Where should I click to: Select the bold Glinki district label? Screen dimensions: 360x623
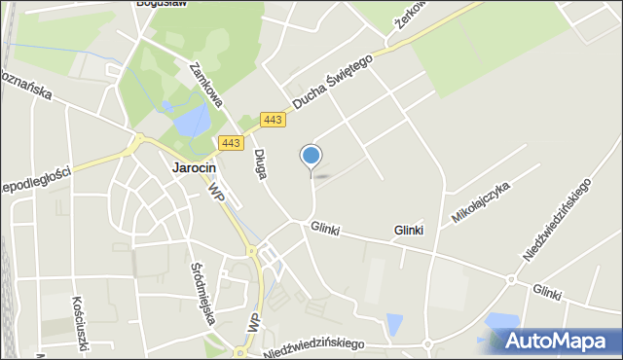(x=409, y=231)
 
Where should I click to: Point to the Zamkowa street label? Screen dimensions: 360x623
(x=206, y=83)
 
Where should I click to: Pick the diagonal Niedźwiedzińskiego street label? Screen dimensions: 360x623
(x=558, y=220)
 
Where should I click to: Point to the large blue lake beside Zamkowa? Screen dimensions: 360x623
(x=192, y=122)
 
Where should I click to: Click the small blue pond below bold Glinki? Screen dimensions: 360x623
(x=394, y=324)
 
